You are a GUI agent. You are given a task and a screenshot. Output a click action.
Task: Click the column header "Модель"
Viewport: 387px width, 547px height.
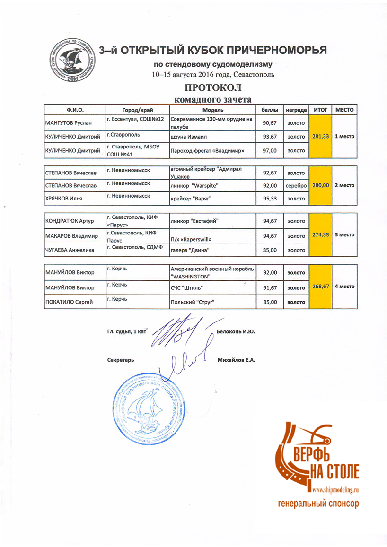point(212,109)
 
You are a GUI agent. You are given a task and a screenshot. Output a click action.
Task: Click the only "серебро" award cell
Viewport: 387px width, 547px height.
point(297,185)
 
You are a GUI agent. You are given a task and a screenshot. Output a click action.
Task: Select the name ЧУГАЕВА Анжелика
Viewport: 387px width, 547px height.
point(69,249)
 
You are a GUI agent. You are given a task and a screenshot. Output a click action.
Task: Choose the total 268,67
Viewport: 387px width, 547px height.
point(321,287)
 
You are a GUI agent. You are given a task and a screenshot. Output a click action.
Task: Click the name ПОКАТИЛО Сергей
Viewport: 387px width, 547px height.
point(69,301)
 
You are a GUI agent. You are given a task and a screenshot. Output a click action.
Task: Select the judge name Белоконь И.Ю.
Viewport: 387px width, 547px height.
point(236,331)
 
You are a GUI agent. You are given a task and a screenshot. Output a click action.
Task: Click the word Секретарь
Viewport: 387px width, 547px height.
point(121,360)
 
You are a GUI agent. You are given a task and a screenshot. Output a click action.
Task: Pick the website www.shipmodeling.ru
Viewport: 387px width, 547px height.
point(336,491)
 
